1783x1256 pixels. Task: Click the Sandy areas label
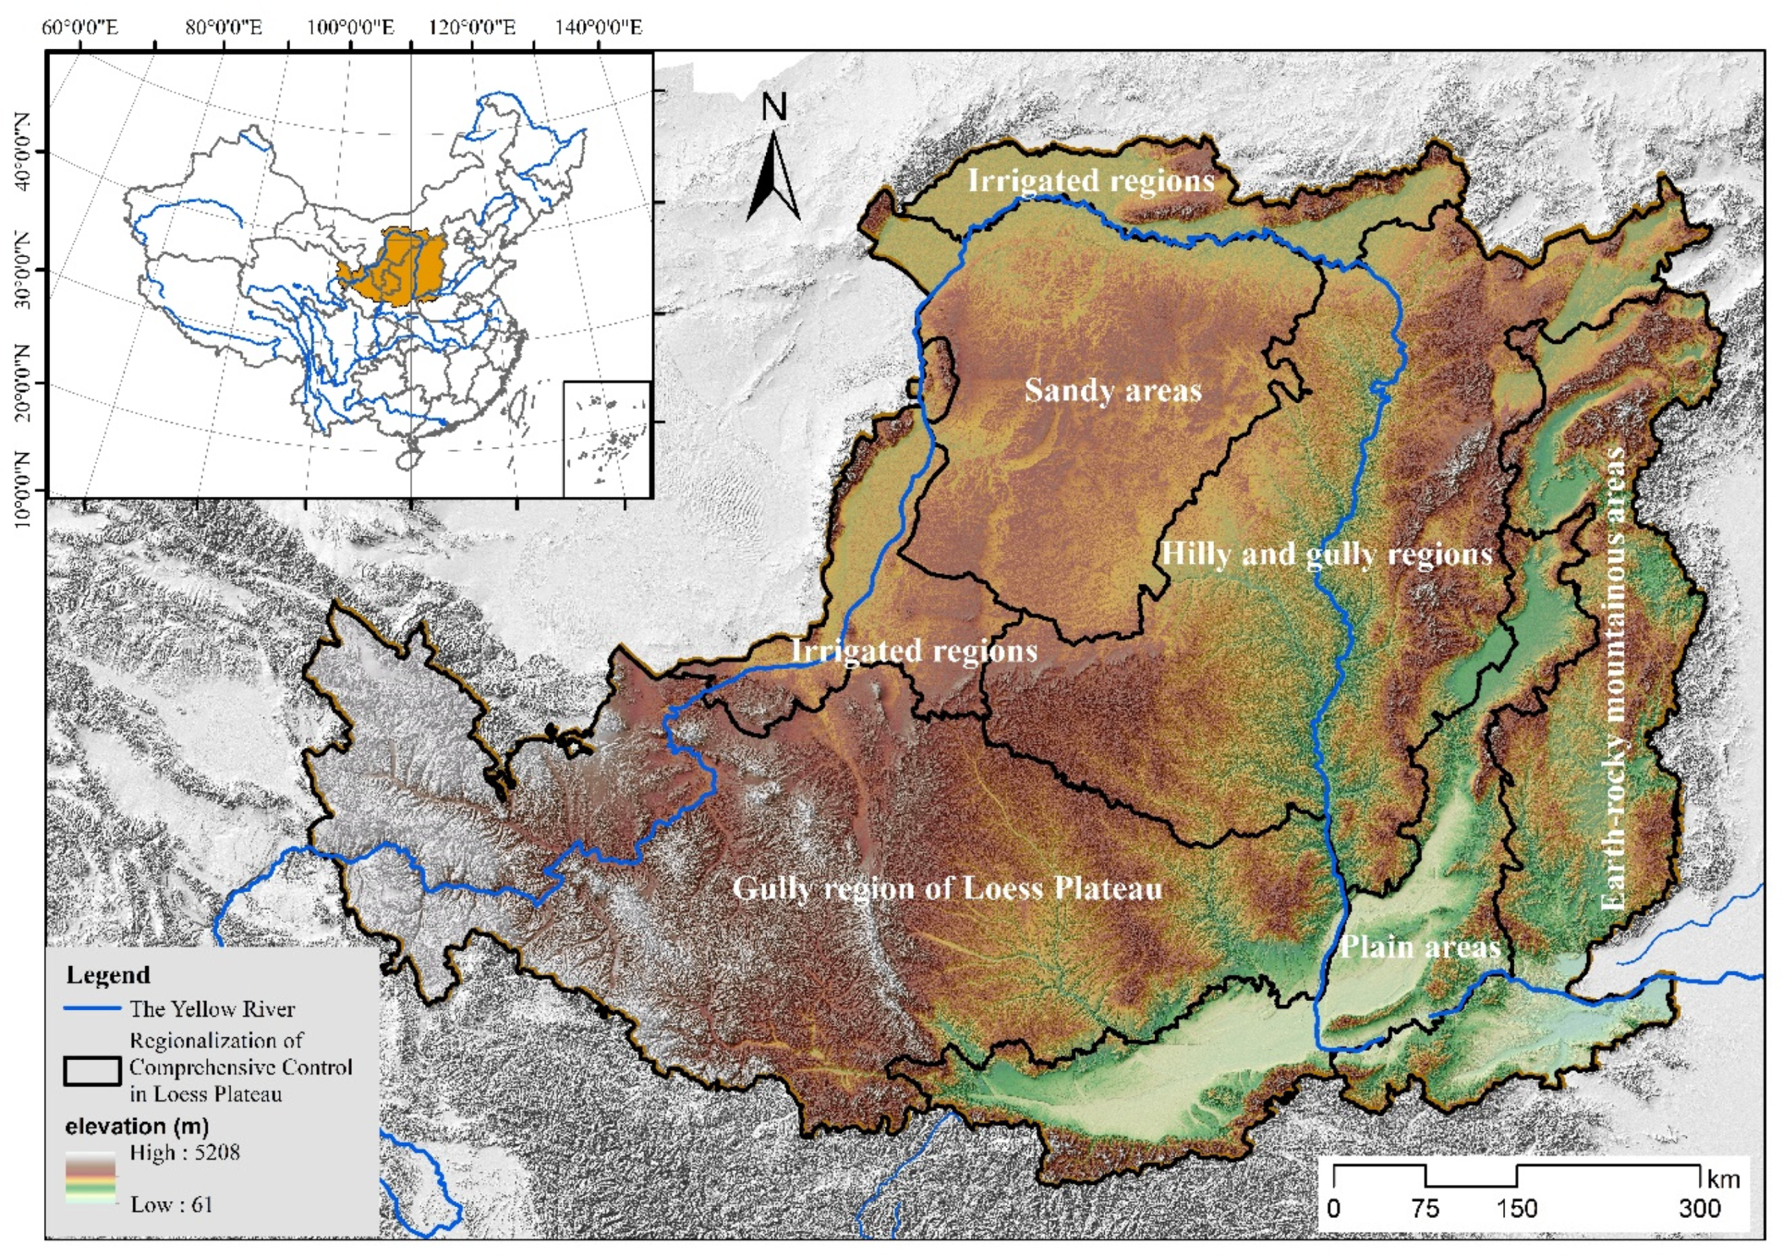[x=1112, y=390]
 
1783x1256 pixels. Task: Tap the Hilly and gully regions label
[x=1326, y=554]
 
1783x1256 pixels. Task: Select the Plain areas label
[x=1420, y=946]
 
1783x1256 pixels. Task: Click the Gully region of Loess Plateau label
[x=947, y=888]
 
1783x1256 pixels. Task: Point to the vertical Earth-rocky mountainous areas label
[x=1614, y=677]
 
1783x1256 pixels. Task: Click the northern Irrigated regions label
[x=1090, y=180]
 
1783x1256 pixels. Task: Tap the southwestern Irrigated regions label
[x=914, y=650]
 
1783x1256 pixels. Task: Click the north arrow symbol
[x=773, y=179]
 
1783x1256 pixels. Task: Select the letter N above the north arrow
[x=774, y=107]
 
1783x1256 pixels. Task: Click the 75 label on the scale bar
[x=1425, y=1209]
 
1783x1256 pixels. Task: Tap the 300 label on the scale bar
[x=1699, y=1209]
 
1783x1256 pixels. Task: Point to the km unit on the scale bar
[x=1723, y=1180]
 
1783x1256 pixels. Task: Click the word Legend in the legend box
[x=108, y=975]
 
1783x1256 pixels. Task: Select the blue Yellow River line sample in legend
[x=93, y=1008]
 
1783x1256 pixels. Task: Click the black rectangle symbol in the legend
[x=93, y=1071]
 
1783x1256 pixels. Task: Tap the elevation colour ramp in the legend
[x=91, y=1177]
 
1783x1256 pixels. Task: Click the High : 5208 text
[x=185, y=1152]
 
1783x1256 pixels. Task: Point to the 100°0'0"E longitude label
[x=351, y=29]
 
